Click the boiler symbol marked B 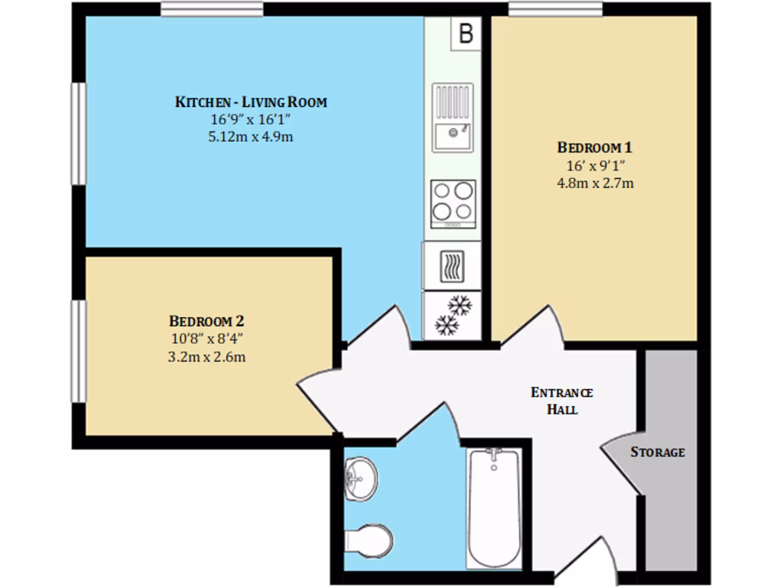pos(466,34)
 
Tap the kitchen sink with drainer pos(453,118)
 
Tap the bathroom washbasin pos(359,478)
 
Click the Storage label pos(657,452)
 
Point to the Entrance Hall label pos(562,401)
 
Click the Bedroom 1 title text pos(594,148)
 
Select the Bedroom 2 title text pos(206,321)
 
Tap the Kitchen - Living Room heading pos(251,102)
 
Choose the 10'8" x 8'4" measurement pos(206,339)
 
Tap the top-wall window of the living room pos(212,9)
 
